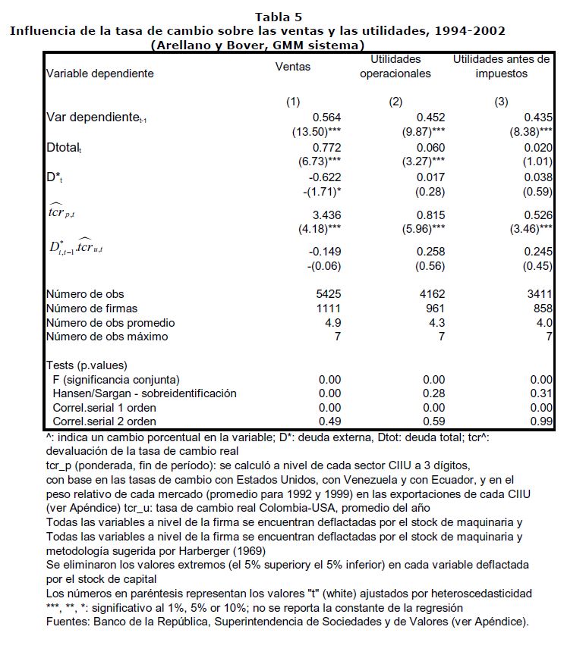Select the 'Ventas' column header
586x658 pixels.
[x=293, y=67]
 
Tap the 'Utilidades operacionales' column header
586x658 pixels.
[x=395, y=67]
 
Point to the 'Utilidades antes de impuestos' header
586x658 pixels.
[x=501, y=67]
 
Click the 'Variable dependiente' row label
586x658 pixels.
[x=100, y=74]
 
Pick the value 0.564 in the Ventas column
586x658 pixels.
[x=327, y=117]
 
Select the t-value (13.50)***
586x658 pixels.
[x=317, y=132]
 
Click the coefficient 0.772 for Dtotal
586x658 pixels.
[x=327, y=148]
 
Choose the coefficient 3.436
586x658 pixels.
[x=327, y=215]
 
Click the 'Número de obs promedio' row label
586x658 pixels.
[x=107, y=322]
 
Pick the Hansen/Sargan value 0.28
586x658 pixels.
[x=434, y=393]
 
